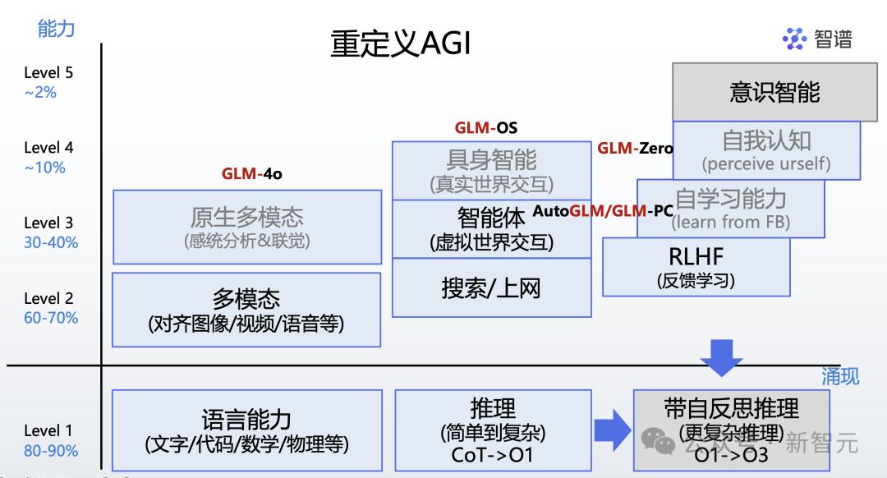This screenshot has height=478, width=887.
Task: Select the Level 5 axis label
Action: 48,72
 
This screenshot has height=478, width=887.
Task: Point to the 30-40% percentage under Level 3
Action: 51,242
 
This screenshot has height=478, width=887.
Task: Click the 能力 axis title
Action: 56,28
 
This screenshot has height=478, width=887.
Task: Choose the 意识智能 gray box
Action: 774,91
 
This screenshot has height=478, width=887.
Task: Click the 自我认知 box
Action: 766,149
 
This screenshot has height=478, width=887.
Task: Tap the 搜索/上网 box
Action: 491,288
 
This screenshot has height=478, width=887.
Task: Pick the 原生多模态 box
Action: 246,227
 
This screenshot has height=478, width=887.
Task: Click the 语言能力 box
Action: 246,430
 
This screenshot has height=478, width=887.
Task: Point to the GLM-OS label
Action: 486,128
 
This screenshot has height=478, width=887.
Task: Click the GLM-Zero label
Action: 635,149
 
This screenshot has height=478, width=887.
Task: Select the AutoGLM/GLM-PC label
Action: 603,211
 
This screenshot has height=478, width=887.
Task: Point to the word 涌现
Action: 840,376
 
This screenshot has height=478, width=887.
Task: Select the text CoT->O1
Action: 492,454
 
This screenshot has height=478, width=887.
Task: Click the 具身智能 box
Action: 491,169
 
